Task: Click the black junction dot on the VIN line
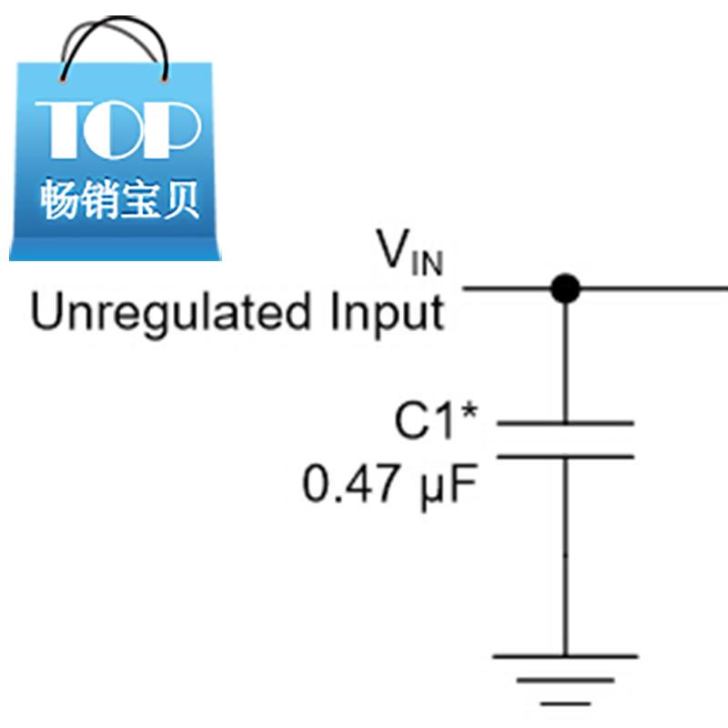coord(566,289)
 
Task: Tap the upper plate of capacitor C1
coord(565,423)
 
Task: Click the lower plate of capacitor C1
coord(565,456)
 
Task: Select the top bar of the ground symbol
coord(565,655)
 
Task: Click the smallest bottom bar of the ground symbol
coord(565,703)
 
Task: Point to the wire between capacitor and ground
coord(565,555)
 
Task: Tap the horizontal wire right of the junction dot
coord(655,289)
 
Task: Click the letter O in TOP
coord(118,128)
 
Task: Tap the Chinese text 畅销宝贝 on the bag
coord(118,198)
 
